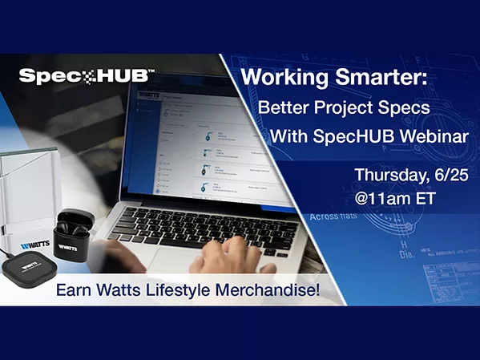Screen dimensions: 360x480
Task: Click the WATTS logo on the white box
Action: coord(26,240)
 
